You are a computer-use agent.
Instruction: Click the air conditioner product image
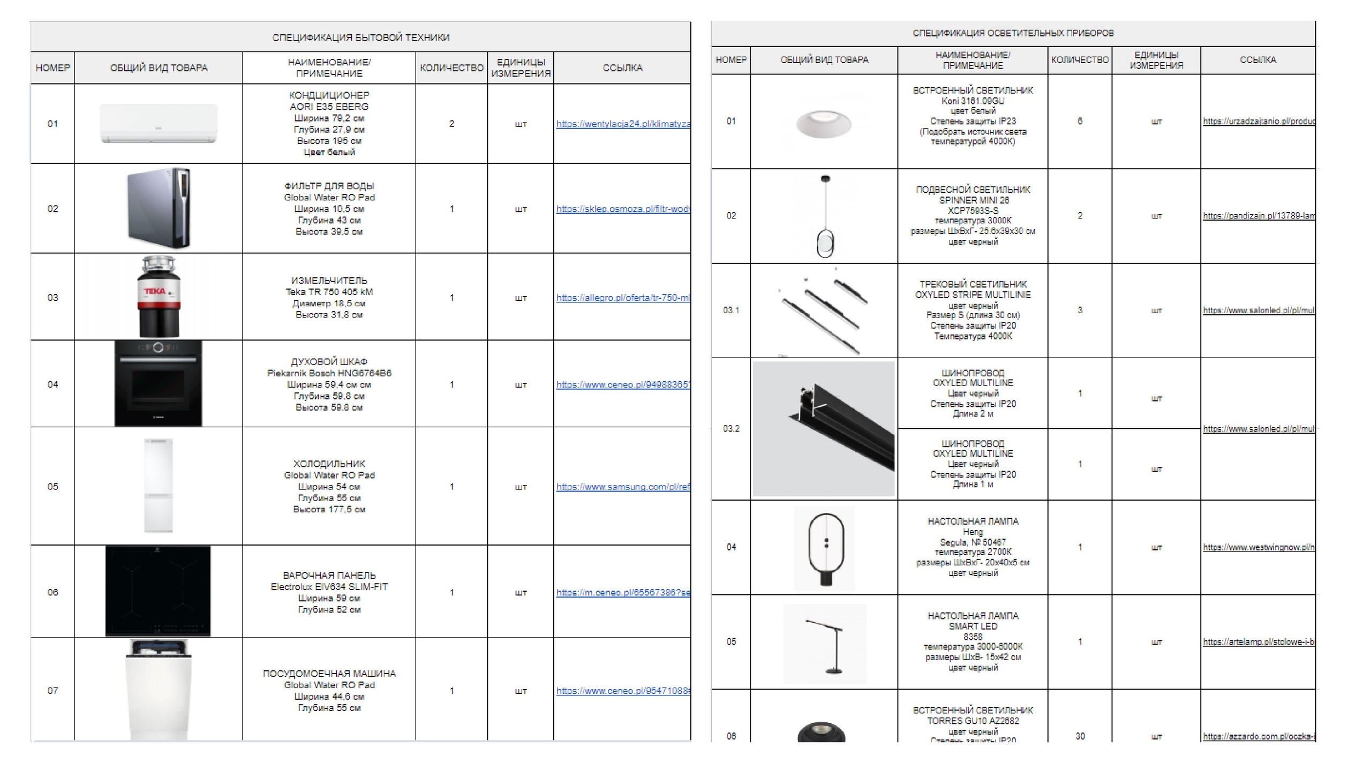(159, 124)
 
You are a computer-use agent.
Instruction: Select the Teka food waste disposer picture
(159, 297)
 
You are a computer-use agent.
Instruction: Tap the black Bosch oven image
(159, 383)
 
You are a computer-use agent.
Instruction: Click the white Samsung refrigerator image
(159, 486)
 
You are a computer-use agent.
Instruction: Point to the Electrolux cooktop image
(158, 591)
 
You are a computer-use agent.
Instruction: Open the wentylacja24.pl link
(623, 124)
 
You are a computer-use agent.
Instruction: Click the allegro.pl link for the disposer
(623, 298)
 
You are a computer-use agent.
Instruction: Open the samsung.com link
(623, 487)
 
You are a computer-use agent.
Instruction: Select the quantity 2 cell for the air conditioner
(451, 124)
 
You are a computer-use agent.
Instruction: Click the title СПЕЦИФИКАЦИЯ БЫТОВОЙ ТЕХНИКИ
(361, 37)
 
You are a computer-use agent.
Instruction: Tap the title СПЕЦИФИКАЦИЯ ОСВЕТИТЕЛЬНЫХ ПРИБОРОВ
(1013, 33)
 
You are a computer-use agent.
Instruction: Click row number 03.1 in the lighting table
(731, 311)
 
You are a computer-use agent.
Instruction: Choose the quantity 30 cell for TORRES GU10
(1080, 736)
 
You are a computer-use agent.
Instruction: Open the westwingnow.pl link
(1259, 547)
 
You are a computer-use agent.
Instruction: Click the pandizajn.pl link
(1259, 216)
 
